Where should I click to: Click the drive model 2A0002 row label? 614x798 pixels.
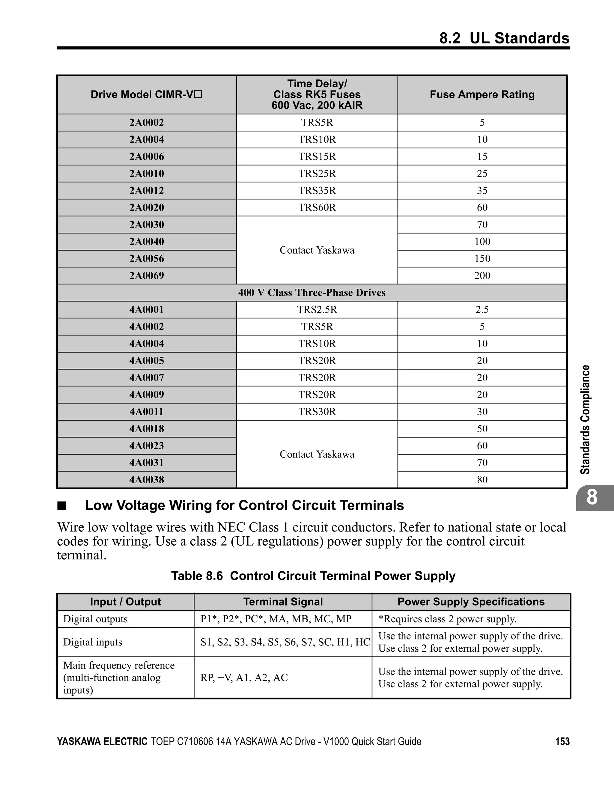[147, 122]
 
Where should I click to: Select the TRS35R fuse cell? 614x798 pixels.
[317, 190]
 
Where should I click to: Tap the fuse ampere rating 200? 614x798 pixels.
[482, 275]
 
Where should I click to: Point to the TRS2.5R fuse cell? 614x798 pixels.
[317, 309]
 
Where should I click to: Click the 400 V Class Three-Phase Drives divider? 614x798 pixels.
[312, 293]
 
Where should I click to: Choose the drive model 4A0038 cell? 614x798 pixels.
[147, 479]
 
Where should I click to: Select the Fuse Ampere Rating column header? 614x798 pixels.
[482, 95]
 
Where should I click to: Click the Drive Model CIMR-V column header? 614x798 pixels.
[147, 95]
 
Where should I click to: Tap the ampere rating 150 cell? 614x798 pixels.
[482, 258]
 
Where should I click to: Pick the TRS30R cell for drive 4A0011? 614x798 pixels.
[317, 411]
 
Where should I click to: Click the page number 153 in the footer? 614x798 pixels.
[562, 741]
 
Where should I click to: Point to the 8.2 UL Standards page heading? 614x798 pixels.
[504, 38]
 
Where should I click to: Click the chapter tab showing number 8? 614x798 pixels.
[592, 498]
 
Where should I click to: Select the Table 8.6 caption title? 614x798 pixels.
[313, 576]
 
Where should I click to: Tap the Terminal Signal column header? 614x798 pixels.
[283, 602]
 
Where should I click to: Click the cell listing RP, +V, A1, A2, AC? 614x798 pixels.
[244, 677]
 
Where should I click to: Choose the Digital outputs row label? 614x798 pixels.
[95, 619]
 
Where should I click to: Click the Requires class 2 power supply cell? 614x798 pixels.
[447, 619]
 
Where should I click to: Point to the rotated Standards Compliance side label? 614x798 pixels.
[586, 419]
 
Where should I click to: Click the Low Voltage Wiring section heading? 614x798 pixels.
[244, 505]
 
